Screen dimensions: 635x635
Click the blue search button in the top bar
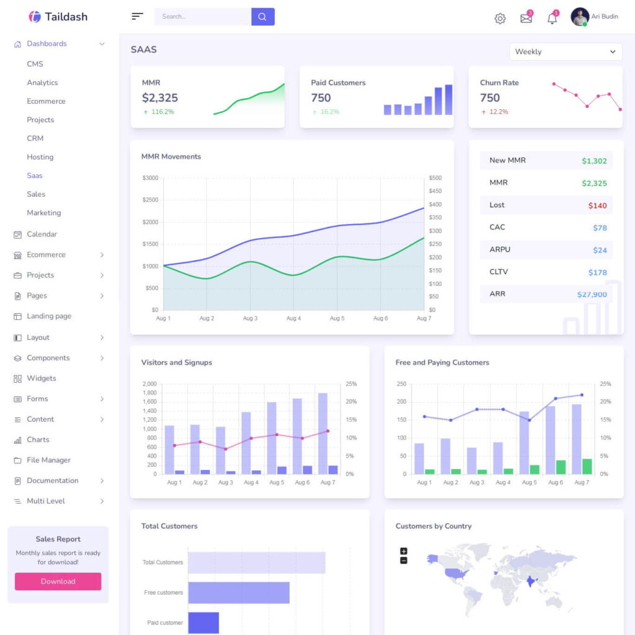click(262, 17)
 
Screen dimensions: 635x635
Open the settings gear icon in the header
click(500, 19)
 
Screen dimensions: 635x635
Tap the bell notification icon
click(552, 19)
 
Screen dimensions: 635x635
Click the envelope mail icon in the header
click(526, 19)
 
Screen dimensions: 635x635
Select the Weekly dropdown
click(566, 52)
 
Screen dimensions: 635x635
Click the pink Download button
click(58, 582)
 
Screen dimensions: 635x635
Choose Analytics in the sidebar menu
click(42, 82)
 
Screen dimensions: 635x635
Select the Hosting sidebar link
click(40, 157)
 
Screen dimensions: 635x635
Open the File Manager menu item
click(48, 460)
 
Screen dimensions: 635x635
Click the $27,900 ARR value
click(592, 295)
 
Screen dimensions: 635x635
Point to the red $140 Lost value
click(597, 205)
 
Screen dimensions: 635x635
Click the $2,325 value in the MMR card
click(160, 98)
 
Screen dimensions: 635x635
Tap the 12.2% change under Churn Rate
click(499, 112)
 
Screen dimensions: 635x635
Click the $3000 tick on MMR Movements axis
click(150, 178)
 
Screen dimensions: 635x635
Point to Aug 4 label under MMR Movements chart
click(293, 318)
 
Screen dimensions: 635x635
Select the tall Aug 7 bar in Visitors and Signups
click(322, 433)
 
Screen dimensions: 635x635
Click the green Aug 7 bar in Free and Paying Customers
click(587, 466)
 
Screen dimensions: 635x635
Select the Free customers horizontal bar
click(239, 593)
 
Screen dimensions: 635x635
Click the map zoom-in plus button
click(404, 551)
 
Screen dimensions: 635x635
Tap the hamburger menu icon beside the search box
click(137, 17)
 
